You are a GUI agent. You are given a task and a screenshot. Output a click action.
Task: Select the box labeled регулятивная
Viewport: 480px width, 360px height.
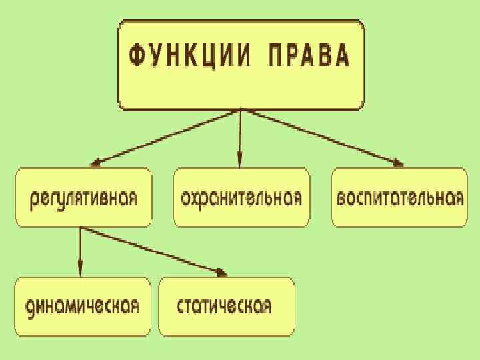pos(84,197)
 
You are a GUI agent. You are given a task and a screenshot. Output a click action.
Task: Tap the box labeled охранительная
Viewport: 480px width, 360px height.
pos(241,197)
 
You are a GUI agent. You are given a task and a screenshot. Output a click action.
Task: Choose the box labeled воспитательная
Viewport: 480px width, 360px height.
pos(399,197)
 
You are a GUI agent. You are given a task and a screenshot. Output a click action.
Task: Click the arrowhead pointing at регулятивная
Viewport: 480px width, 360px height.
pos(95,162)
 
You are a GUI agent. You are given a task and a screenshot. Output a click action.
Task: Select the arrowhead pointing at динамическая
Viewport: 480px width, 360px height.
pos(80,271)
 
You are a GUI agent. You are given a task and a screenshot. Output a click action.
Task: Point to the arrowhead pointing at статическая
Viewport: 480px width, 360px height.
pos(223,271)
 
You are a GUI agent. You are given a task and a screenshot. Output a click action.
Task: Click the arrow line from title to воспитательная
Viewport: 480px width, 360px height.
pos(320,137)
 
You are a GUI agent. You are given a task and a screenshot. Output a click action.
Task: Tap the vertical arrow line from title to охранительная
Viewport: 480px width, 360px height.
pos(239,137)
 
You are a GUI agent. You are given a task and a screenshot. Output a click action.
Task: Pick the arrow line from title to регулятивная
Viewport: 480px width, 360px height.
pos(167,137)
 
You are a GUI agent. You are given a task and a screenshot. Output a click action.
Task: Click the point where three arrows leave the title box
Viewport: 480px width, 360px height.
pos(239,111)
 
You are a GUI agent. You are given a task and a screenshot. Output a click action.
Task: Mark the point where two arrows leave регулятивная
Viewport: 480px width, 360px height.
pos(80,228)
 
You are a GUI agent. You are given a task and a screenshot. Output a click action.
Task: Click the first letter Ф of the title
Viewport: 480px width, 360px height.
pos(133,57)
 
